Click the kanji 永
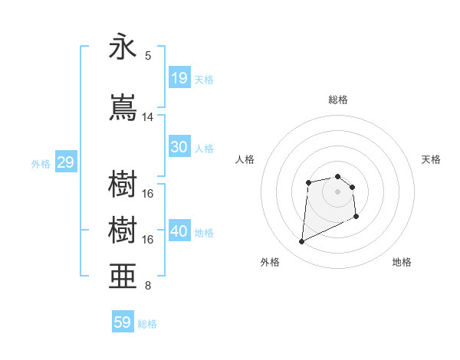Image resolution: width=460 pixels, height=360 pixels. pyautogui.click(x=123, y=47)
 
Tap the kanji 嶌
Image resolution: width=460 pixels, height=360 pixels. pyautogui.click(x=123, y=108)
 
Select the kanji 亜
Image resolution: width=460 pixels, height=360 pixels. pyautogui.click(x=123, y=277)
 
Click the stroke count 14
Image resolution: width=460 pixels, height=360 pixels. pyautogui.click(x=148, y=117)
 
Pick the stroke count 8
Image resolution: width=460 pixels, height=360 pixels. pyautogui.click(x=148, y=286)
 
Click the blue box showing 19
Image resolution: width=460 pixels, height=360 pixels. pyautogui.click(x=179, y=77)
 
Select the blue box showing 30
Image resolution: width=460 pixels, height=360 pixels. pyautogui.click(x=179, y=147)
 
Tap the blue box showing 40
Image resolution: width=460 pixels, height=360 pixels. pyautogui.click(x=179, y=231)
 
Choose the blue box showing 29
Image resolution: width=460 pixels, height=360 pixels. pyautogui.click(x=66, y=162)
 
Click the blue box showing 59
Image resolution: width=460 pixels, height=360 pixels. pyautogui.click(x=123, y=322)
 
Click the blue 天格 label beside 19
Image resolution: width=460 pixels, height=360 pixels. pyautogui.click(x=204, y=79)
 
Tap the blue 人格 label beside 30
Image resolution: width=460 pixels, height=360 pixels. pyautogui.click(x=204, y=149)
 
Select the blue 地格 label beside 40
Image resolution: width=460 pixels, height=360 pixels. pyautogui.click(x=204, y=233)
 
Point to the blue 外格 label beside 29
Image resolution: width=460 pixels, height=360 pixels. pyautogui.click(x=41, y=163)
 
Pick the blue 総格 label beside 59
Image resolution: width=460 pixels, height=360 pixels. pyautogui.click(x=147, y=324)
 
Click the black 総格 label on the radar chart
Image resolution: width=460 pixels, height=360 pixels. pyautogui.click(x=338, y=100)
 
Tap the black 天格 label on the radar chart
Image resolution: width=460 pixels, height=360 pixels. pyautogui.click(x=432, y=159)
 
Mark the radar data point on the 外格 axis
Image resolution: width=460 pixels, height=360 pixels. pyautogui.click(x=301, y=242)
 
